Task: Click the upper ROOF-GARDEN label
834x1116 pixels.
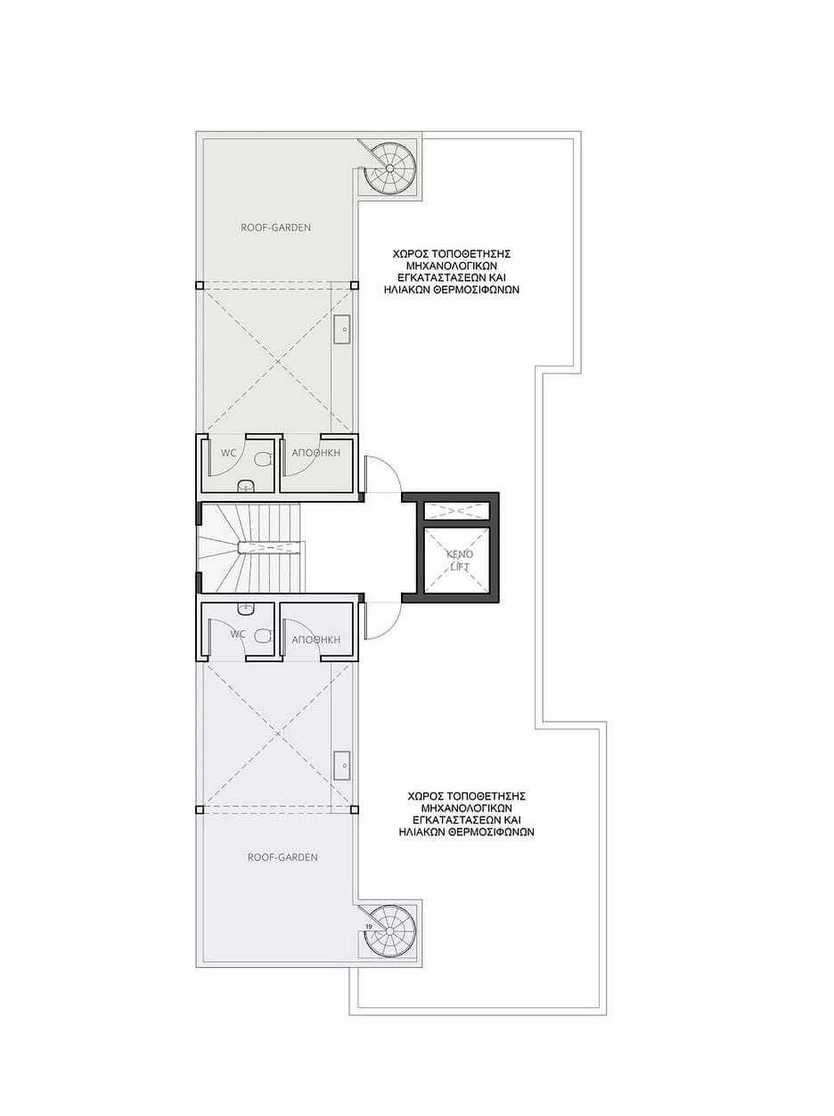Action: click(x=275, y=228)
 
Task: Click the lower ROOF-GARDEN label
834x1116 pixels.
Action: click(x=282, y=858)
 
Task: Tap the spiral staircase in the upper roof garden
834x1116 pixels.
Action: click(x=389, y=168)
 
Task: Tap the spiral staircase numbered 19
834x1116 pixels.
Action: click(x=389, y=931)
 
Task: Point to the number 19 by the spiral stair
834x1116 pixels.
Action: click(x=369, y=927)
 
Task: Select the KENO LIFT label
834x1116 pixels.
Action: click(x=460, y=561)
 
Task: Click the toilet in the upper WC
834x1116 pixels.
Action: click(x=263, y=460)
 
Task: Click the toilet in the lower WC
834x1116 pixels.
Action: click(x=263, y=636)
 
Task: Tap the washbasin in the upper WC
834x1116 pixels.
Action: click(x=247, y=486)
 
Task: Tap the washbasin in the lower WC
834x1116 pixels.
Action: click(x=247, y=609)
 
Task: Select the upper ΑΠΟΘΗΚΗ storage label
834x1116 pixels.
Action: click(x=315, y=453)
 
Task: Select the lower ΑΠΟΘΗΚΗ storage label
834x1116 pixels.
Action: click(x=315, y=640)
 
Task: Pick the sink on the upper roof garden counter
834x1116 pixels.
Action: click(x=342, y=330)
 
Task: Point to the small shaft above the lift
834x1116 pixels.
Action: click(x=456, y=511)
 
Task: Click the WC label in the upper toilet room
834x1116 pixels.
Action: click(x=229, y=453)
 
